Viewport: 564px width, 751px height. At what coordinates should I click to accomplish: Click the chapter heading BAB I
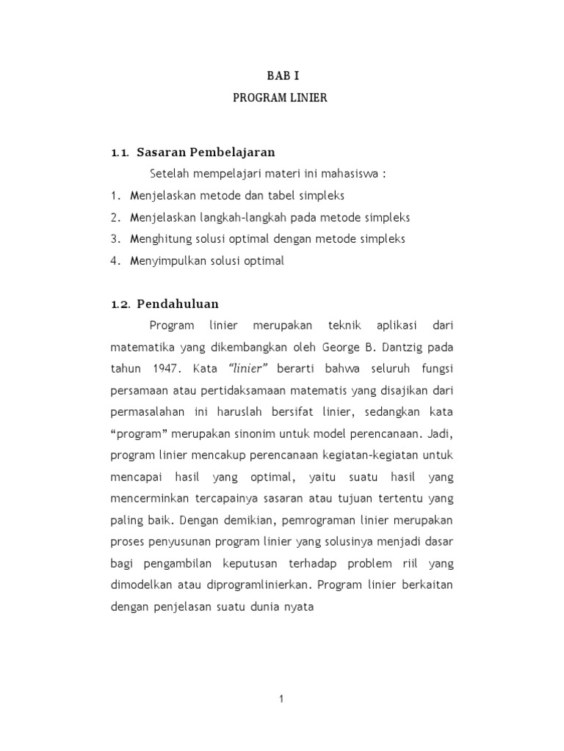click(282, 76)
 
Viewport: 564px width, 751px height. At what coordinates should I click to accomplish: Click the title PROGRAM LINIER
click(281, 98)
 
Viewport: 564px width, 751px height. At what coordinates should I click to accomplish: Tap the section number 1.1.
click(120, 153)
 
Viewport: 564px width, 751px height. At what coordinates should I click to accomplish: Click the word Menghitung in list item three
click(159, 239)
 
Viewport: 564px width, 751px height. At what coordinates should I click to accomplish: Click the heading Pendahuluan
click(178, 304)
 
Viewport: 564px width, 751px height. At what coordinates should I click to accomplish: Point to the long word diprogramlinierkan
click(253, 586)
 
